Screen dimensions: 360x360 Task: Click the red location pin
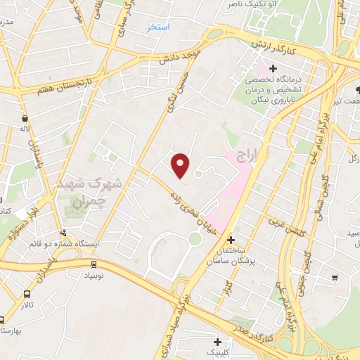click(181, 165)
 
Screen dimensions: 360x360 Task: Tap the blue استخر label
click(160, 27)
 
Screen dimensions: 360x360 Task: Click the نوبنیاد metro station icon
click(94, 264)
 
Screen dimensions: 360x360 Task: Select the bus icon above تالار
click(27, 295)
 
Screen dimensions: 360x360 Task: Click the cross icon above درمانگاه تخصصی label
click(273, 67)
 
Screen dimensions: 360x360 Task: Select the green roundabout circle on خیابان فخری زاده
click(195, 238)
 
